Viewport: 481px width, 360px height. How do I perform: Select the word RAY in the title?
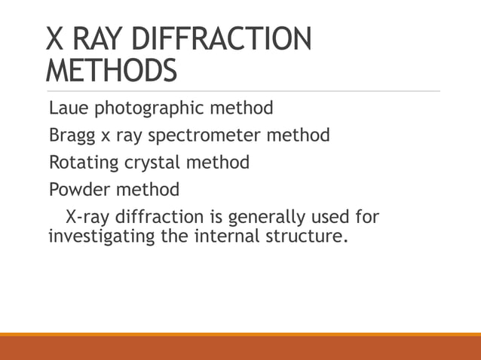pyautogui.click(x=94, y=38)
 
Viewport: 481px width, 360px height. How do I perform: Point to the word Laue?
pyautogui.click(x=68, y=108)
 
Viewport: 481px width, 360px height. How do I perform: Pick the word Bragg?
pyautogui.click(x=69, y=136)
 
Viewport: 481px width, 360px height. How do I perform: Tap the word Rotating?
pyautogui.click(x=83, y=163)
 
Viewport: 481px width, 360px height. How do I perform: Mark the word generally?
pyautogui.click(x=260, y=218)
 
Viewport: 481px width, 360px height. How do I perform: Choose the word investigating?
pyautogui.click(x=97, y=239)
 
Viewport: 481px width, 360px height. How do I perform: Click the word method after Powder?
pyautogui.click(x=149, y=188)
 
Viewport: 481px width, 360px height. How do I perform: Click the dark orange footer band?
pyautogui.click(x=240, y=348)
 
